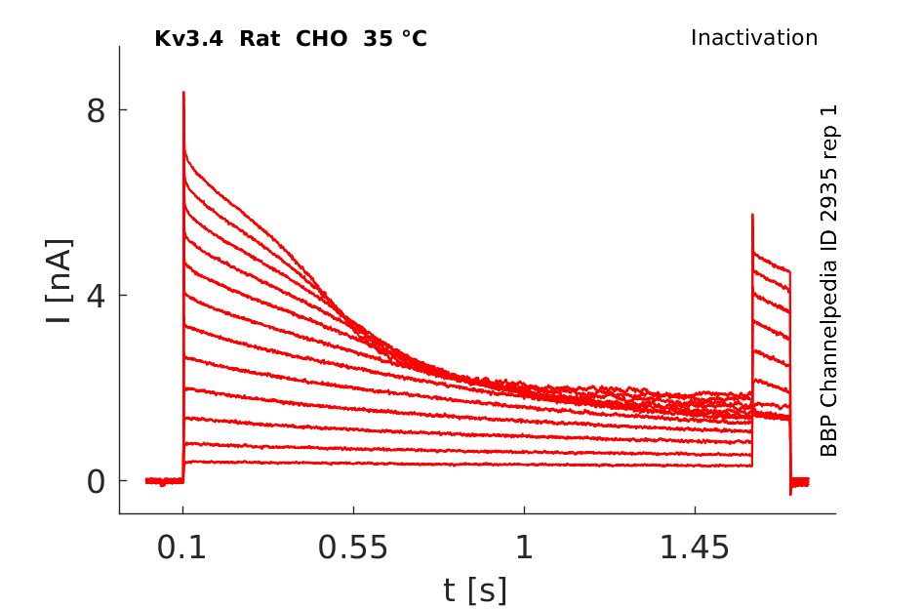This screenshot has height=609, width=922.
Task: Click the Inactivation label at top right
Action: click(x=754, y=38)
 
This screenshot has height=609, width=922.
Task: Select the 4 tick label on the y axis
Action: click(x=96, y=296)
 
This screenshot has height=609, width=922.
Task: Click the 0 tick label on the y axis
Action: click(x=96, y=481)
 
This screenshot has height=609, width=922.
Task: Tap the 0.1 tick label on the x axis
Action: click(x=182, y=548)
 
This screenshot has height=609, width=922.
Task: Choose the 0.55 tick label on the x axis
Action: click(x=353, y=548)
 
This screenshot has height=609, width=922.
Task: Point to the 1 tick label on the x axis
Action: click(x=524, y=548)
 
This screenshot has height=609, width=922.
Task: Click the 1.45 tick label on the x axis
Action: click(x=695, y=548)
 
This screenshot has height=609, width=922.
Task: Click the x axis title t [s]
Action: click(x=475, y=589)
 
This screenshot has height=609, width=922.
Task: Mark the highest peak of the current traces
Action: click(x=183, y=93)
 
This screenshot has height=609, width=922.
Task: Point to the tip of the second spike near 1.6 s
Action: click(x=752, y=215)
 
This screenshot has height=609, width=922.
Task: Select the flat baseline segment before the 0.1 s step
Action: click(x=164, y=480)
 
